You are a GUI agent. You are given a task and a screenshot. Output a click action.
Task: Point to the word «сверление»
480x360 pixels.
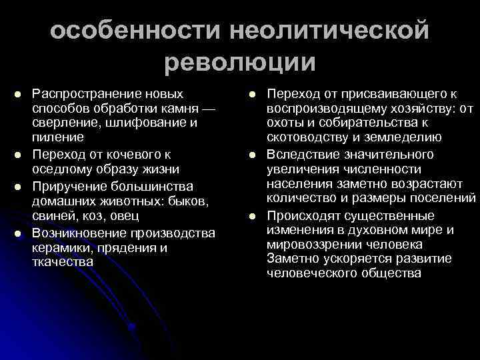point(63,123)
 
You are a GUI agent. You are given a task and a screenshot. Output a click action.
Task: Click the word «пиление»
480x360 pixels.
point(57,139)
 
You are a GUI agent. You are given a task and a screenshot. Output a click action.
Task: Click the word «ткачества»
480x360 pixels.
point(59,262)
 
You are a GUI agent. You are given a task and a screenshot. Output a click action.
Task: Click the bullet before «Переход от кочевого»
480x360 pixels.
point(19,155)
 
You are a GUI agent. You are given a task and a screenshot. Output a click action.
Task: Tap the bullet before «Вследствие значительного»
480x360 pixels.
point(254,155)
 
